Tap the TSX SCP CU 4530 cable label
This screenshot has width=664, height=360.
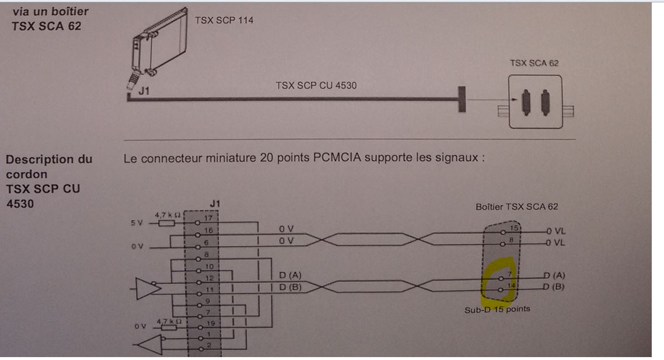coord(316,85)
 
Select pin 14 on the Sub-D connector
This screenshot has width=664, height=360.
coord(511,286)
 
